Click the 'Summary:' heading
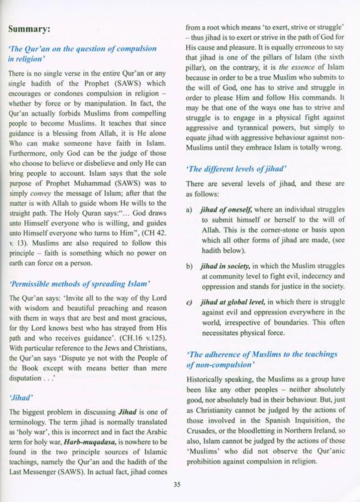(29, 29)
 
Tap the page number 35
(177, 484)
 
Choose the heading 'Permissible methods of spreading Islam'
(80, 284)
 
